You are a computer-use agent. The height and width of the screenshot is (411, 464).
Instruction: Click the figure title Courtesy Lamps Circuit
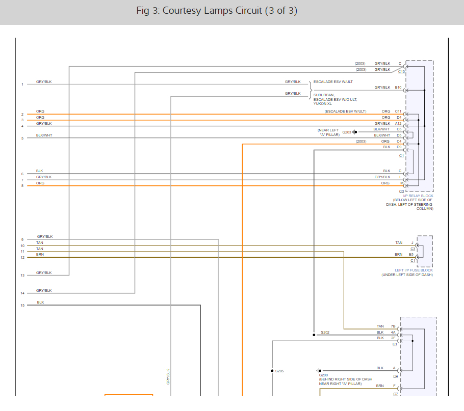point(217,11)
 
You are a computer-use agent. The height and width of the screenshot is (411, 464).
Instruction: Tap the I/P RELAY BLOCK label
point(418,196)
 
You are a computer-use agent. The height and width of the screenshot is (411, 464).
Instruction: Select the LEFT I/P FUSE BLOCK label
point(414,270)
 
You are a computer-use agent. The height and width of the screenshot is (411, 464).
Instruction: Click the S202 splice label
point(325,333)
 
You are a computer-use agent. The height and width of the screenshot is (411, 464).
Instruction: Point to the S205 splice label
point(279,371)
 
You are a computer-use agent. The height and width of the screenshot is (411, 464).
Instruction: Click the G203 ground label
point(347,132)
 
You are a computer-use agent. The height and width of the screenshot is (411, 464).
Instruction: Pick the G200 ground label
point(323,375)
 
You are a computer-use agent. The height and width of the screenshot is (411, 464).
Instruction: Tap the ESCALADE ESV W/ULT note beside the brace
point(333,81)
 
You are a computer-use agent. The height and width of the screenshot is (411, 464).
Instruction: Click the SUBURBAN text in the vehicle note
point(324,95)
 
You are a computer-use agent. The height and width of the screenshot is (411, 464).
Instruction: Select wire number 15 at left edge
point(22,306)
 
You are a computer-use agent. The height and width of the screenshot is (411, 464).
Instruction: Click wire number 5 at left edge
point(22,138)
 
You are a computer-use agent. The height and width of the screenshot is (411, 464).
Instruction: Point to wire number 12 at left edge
point(22,258)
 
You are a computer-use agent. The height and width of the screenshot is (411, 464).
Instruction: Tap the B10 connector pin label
point(398,88)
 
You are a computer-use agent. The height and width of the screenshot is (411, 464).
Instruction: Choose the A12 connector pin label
point(398,123)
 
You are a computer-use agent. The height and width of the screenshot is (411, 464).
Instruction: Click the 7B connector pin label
point(393,326)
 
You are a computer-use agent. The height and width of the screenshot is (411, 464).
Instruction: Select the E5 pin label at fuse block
point(411,254)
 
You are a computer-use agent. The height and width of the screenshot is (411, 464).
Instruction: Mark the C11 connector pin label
point(398,111)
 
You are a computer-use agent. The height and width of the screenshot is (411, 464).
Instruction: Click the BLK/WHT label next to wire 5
point(44,135)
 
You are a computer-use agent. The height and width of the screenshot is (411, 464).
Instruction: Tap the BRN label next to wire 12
point(40,254)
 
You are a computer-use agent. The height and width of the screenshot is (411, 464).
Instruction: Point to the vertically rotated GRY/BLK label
point(168,376)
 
